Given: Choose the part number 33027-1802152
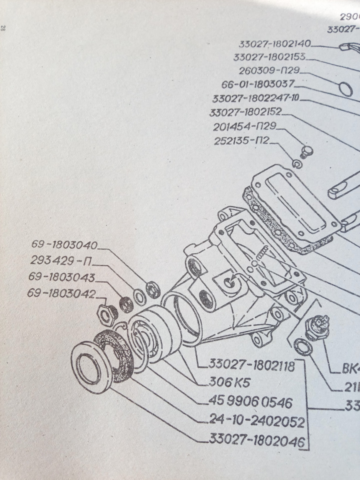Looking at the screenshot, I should point(246,111).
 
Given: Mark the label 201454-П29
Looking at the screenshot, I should point(245,127).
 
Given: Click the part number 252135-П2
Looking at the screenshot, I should point(241,141).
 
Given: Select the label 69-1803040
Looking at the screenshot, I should point(65,245).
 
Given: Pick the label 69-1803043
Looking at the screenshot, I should point(63,277).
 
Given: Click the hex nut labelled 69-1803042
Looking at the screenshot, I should point(106,313).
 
